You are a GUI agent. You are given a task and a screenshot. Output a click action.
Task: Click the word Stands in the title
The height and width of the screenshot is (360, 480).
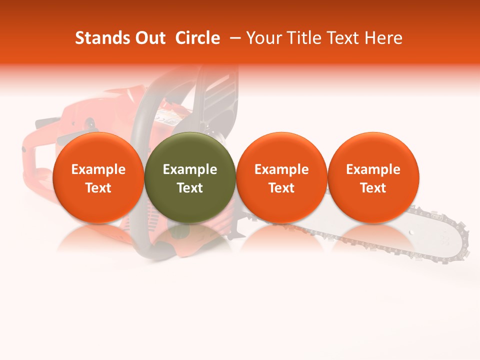(x=98, y=38)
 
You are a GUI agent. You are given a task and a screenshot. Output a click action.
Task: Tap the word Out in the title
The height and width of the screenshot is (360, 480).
(x=148, y=38)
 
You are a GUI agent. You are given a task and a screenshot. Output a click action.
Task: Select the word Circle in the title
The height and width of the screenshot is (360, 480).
(x=197, y=38)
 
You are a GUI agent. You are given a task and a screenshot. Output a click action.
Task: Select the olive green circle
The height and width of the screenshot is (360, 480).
(x=190, y=177)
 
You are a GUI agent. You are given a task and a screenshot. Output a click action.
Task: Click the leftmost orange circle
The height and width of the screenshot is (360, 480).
(x=98, y=177)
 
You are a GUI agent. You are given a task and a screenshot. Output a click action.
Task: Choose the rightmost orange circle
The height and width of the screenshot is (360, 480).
(x=373, y=177)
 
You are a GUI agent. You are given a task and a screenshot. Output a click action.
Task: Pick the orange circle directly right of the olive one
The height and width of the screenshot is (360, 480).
(x=281, y=177)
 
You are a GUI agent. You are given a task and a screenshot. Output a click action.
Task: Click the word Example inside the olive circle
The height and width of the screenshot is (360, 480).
(x=190, y=169)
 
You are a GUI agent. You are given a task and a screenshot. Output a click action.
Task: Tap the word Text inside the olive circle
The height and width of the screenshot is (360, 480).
(x=190, y=188)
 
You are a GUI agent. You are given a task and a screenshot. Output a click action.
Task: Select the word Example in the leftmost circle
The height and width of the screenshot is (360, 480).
(x=98, y=169)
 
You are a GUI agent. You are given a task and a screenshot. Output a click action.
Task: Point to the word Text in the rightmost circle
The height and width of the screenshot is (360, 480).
(x=373, y=188)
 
